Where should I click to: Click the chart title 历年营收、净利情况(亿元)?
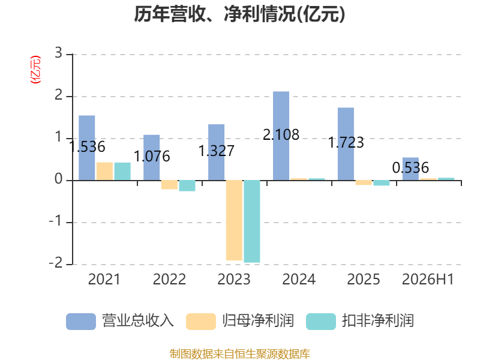(239, 14)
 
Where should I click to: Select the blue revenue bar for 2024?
(281, 136)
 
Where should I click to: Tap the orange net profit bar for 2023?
(234, 220)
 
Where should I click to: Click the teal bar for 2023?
(252, 221)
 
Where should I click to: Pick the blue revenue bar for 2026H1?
(410, 169)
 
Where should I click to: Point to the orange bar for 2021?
(104, 172)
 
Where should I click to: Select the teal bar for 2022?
(187, 186)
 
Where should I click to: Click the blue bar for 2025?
(346, 144)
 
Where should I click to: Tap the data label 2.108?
(281, 134)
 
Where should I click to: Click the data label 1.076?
(152, 157)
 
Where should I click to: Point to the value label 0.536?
(410, 168)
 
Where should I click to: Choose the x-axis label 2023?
(234, 279)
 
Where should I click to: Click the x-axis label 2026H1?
(428, 279)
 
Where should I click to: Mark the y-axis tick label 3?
(58, 53)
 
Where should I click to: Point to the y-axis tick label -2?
(56, 263)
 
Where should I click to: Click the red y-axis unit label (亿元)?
(35, 70)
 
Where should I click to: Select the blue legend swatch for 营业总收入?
(81, 322)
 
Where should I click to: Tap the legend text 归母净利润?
(258, 321)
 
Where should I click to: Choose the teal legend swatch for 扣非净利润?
(321, 322)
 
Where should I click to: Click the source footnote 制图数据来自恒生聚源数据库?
(239, 354)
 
